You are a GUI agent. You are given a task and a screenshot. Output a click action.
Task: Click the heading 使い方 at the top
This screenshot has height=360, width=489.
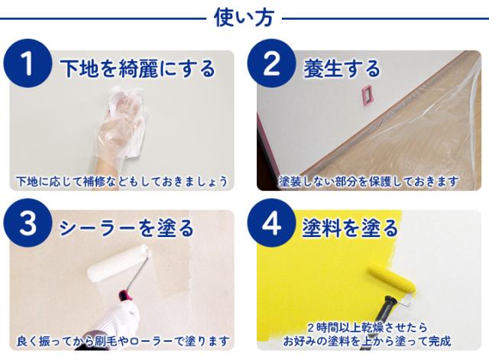click(244, 18)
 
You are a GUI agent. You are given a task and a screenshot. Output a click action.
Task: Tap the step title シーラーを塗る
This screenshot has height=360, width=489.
click(127, 228)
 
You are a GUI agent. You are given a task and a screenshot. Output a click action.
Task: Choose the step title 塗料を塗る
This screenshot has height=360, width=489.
click(350, 228)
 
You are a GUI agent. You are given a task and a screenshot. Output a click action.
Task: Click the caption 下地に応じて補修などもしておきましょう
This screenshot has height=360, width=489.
click(122, 182)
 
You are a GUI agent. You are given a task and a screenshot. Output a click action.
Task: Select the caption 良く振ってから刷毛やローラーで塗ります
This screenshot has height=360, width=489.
click(122, 341)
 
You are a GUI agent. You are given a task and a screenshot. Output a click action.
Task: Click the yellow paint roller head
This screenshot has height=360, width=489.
click(391, 279)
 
